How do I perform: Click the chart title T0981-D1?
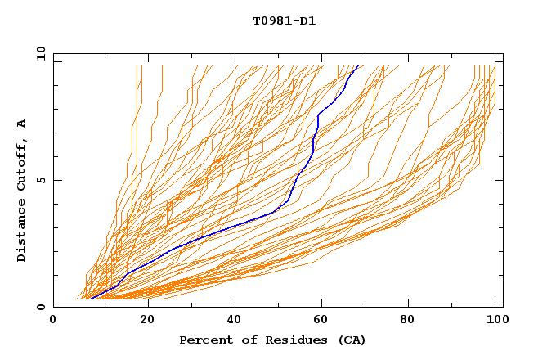[x=284, y=21]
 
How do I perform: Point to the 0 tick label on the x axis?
[x=53, y=320]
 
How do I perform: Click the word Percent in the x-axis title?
[x=203, y=340]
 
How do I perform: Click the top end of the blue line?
[x=358, y=66]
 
